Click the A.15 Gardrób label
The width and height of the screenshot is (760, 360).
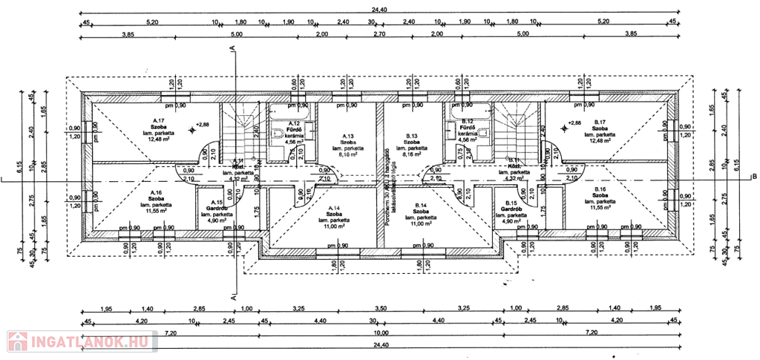coord(216,209)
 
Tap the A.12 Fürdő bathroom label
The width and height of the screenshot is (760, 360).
coord(295,129)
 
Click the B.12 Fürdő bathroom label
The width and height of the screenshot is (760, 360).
coord(468,128)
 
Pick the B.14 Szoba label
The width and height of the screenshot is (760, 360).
coord(421,211)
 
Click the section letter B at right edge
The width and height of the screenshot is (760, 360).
coord(753,177)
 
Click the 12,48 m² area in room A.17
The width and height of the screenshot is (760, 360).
coord(157,139)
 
